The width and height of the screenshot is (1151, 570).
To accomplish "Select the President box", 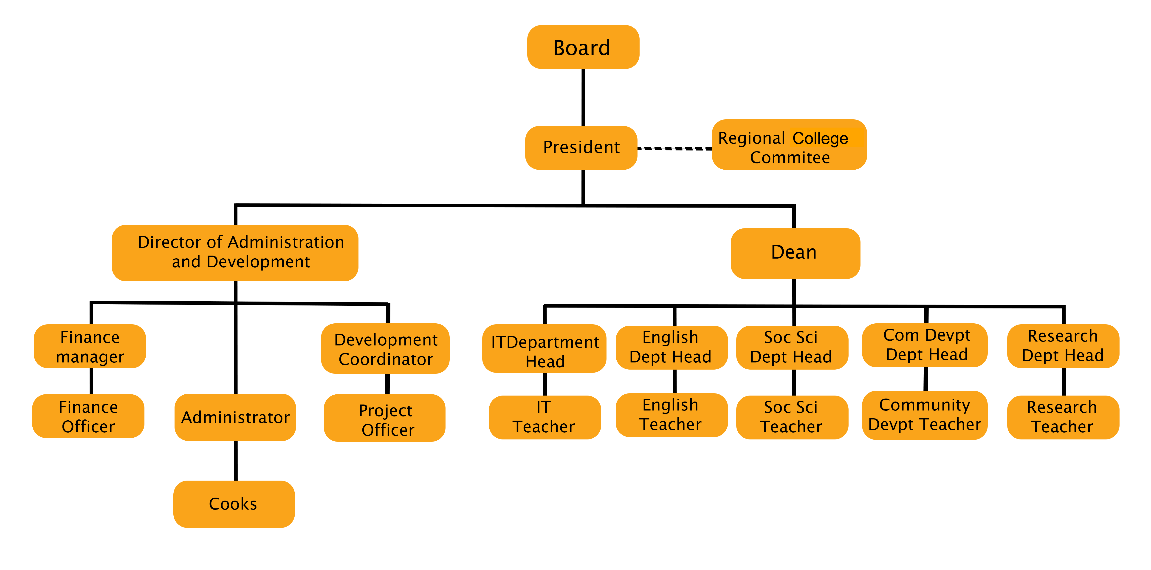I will point(581,148).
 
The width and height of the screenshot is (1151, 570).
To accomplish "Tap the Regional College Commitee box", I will point(789,144).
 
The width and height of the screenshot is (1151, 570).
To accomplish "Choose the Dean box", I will point(795,253).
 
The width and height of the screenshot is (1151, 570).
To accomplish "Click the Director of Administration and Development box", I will point(234,253).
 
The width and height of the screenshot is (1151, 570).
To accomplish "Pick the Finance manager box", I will point(90,346).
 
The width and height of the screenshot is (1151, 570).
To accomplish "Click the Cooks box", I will point(234,504).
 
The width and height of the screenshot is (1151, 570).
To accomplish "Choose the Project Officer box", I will point(384,418).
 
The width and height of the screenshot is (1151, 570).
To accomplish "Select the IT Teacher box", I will point(544,417).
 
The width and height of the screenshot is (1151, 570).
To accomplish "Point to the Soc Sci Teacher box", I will point(792,417).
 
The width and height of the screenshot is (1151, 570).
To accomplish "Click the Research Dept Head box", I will point(1063,346).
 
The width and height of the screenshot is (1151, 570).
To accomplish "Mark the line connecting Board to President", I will point(583,97).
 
